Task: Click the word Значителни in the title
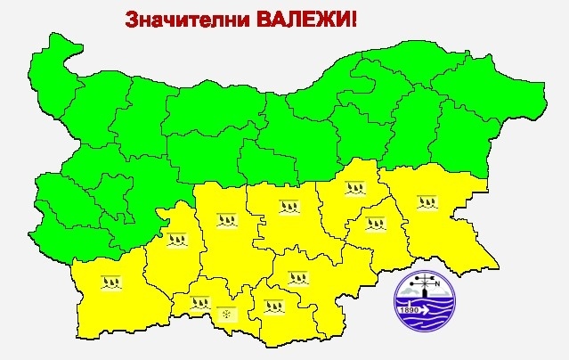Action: point(183,19)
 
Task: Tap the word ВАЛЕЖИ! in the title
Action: point(303,19)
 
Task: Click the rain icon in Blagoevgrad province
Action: point(111,282)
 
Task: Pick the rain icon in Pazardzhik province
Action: point(175,238)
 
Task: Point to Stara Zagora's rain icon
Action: point(288,207)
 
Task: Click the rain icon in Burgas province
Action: point(427,200)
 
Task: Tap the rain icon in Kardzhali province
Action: point(271,308)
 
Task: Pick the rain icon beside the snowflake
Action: point(200,303)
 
